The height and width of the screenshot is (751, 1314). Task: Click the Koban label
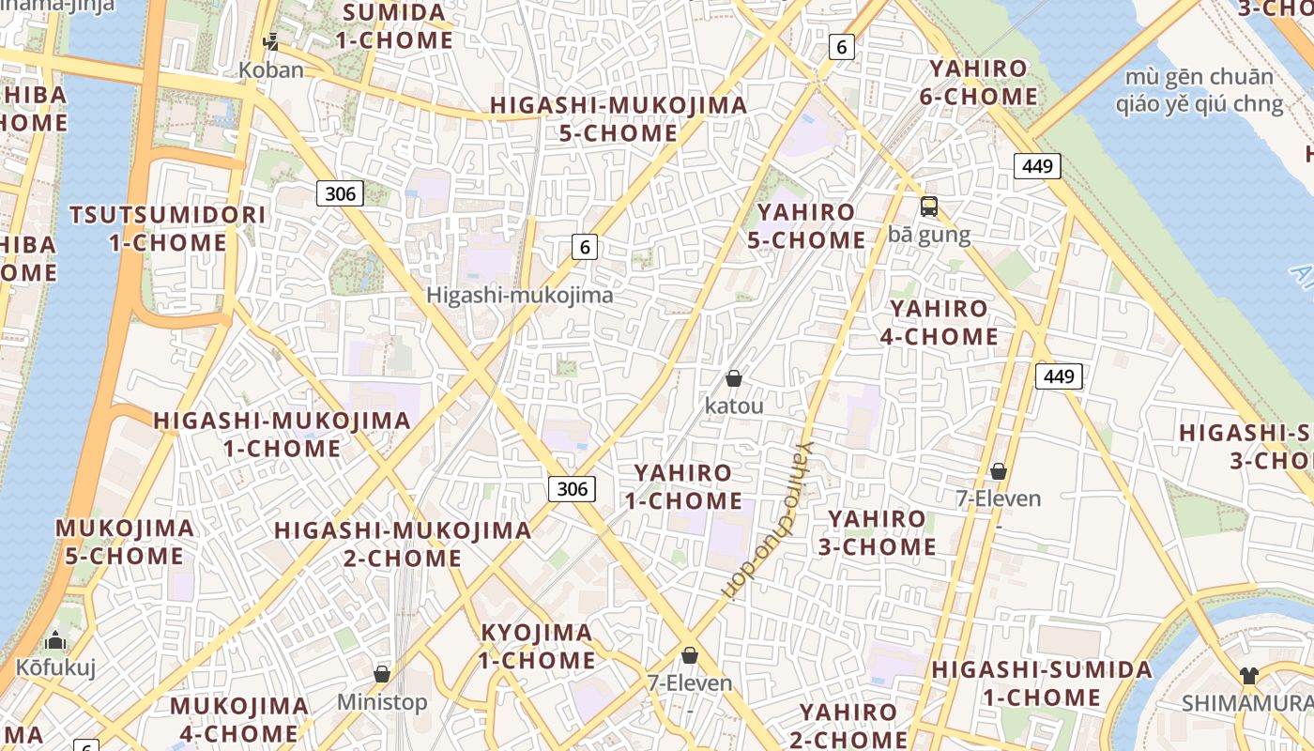[x=271, y=69]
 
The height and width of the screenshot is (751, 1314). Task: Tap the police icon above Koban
[x=271, y=42]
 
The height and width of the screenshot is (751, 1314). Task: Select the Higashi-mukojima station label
[x=520, y=295]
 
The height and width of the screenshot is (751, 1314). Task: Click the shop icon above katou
[x=734, y=378]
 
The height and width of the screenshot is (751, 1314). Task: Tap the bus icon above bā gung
[x=929, y=207]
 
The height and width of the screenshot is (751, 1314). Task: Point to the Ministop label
[x=382, y=701]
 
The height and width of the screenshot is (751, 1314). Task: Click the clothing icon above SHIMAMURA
[x=1248, y=675]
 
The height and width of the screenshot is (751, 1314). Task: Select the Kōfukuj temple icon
[x=55, y=641]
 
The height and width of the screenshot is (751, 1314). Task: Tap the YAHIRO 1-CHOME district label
[x=683, y=486]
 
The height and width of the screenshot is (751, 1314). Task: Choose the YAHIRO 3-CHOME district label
[x=878, y=532]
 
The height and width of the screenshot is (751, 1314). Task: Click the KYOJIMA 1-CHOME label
[x=537, y=646]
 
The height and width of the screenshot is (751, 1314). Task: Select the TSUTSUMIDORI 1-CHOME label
[x=168, y=228]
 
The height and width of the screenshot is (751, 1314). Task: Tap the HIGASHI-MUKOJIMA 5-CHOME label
[x=619, y=119]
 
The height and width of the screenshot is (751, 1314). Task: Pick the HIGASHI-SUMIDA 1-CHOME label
[x=1042, y=683]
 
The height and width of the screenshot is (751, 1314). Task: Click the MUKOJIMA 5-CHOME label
[x=125, y=542]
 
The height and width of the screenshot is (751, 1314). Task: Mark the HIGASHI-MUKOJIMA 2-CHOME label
[x=403, y=544]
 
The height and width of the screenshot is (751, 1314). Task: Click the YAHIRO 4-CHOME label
[x=939, y=322]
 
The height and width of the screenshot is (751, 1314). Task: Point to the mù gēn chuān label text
[x=1199, y=77]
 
